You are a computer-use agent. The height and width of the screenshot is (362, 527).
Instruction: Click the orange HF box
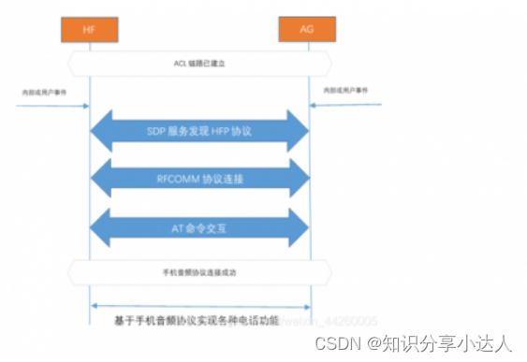click(x=90, y=30)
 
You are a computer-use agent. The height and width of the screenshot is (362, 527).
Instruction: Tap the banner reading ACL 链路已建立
click(x=200, y=64)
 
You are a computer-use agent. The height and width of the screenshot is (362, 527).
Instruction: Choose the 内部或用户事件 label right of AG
click(x=345, y=92)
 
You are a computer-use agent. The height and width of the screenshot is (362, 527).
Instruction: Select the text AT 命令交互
click(x=199, y=226)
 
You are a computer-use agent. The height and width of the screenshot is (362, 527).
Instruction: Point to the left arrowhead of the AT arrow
click(x=101, y=226)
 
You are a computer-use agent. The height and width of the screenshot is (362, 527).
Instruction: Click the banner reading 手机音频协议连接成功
click(x=200, y=272)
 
